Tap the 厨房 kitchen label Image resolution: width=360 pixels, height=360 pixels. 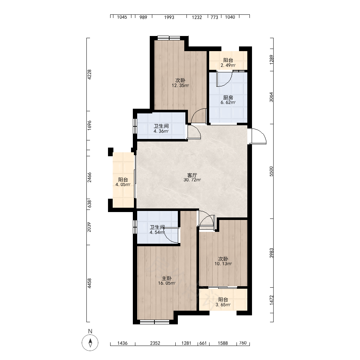pos(228,98)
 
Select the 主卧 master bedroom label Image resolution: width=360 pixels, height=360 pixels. pos(167,279)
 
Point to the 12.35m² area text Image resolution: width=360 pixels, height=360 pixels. pos(180,86)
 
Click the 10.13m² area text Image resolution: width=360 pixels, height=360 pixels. pos(223,264)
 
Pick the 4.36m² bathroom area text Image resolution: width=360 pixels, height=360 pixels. pos(161,131)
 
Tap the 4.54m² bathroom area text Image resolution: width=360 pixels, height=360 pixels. pos(157,232)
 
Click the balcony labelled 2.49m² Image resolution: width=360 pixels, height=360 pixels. pos(228,62)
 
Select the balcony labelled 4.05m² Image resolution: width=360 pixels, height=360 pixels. pos(123,182)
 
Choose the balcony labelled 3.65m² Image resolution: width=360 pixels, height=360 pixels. pos(223,302)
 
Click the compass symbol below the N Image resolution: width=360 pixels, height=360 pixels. pos(90,343)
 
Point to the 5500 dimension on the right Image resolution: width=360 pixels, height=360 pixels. pos(271,171)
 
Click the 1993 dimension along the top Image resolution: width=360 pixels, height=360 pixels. pos(169,17)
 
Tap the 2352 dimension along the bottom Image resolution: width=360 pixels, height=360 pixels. pos(155,343)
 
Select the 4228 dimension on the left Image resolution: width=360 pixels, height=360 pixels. pos(89,75)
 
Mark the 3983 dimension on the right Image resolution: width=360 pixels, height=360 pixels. pos(271,253)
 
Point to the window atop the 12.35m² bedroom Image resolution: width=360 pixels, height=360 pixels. pos(169,38)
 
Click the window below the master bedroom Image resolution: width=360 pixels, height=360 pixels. pos(154,322)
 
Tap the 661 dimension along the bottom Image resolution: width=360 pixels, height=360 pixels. pos(203,343)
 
